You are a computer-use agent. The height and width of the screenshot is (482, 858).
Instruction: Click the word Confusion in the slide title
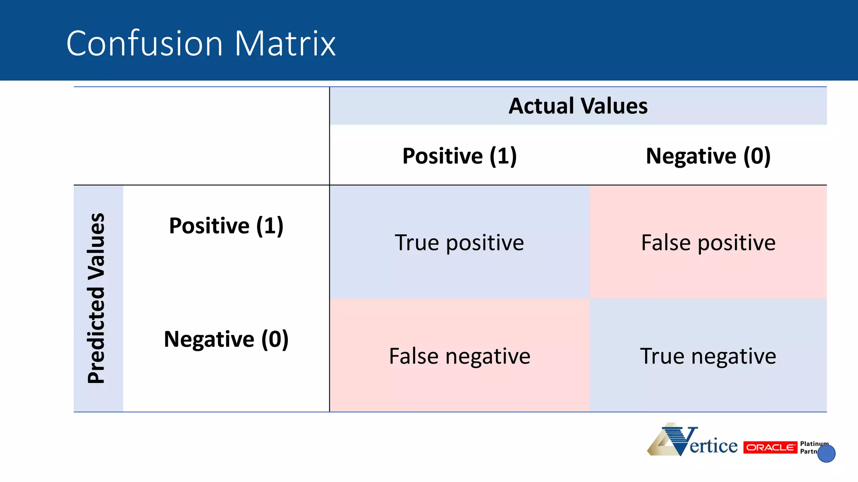[x=145, y=44]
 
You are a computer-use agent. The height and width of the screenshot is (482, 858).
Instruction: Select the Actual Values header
[x=578, y=106]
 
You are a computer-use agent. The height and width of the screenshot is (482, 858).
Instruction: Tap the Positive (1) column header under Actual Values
[x=459, y=156]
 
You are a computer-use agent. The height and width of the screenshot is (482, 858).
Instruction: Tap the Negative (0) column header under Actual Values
[x=708, y=156]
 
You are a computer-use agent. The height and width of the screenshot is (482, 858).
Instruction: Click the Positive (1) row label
[x=226, y=226]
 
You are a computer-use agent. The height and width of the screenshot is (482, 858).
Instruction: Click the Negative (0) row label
[x=226, y=339]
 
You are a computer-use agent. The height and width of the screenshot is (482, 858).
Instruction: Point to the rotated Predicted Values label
[x=96, y=298]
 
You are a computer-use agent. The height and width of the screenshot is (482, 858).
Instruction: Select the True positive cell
[x=459, y=243]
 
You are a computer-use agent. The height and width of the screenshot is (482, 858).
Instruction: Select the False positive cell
[x=708, y=243]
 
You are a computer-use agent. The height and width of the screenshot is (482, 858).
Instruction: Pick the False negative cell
[x=459, y=356]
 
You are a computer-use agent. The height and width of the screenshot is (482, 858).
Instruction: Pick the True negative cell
[x=708, y=356]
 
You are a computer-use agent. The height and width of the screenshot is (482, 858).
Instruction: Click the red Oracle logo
[x=770, y=447]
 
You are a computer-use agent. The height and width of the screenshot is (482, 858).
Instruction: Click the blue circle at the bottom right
[x=826, y=454]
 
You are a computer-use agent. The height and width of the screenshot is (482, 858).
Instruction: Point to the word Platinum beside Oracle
[x=814, y=444]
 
